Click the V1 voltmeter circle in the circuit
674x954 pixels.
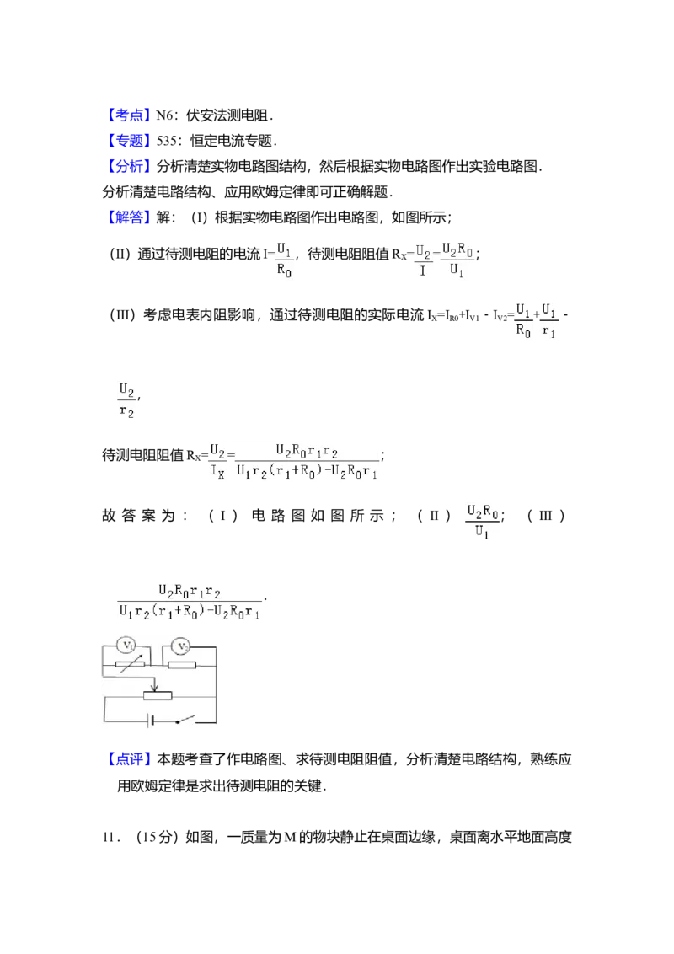[x=126, y=646]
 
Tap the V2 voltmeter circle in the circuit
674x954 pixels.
[x=181, y=646]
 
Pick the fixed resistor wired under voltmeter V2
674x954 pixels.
[x=182, y=665]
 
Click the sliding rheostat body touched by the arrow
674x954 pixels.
[x=158, y=695]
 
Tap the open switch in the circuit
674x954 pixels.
[x=184, y=721]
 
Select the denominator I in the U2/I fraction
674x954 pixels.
[x=422, y=272]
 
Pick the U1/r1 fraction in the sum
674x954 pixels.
[x=549, y=320]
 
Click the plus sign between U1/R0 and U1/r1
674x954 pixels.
[x=537, y=320]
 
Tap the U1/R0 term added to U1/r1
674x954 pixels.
[x=523, y=320]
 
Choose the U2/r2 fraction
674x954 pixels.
[x=127, y=401]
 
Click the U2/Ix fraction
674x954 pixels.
[x=217, y=462]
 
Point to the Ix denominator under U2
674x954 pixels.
[x=217, y=473]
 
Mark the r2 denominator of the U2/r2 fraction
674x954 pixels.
[x=127, y=413]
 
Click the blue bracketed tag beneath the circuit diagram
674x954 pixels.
[x=131, y=760]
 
